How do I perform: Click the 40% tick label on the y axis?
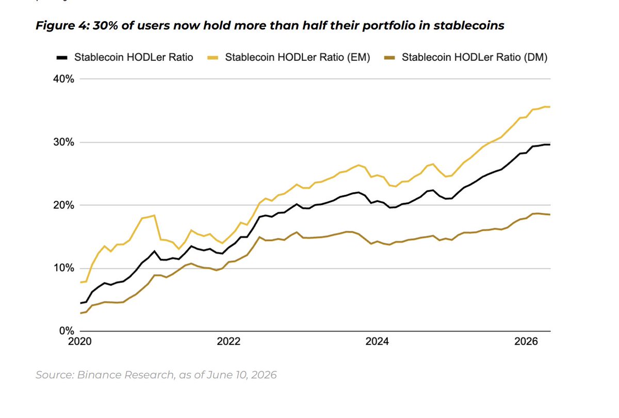(x=63, y=79)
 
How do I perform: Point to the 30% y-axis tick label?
(x=63, y=142)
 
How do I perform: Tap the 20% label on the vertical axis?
(x=63, y=206)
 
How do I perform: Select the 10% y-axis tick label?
(x=63, y=268)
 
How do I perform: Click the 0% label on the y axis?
(x=67, y=331)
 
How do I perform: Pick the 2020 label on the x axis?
(x=79, y=342)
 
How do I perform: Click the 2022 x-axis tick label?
(x=229, y=342)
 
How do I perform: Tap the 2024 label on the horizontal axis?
(x=377, y=342)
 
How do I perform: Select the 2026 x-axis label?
(x=526, y=342)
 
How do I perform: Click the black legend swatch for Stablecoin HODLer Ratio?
(x=62, y=58)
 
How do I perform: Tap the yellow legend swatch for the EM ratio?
(x=213, y=58)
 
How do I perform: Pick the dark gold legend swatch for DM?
(x=389, y=58)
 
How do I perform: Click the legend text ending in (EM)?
(x=298, y=57)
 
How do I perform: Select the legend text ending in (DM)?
(x=475, y=57)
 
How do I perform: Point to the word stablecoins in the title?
(x=469, y=25)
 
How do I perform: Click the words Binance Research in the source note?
(x=126, y=375)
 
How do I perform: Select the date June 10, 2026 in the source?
(x=241, y=375)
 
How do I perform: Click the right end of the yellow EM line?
(x=550, y=107)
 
